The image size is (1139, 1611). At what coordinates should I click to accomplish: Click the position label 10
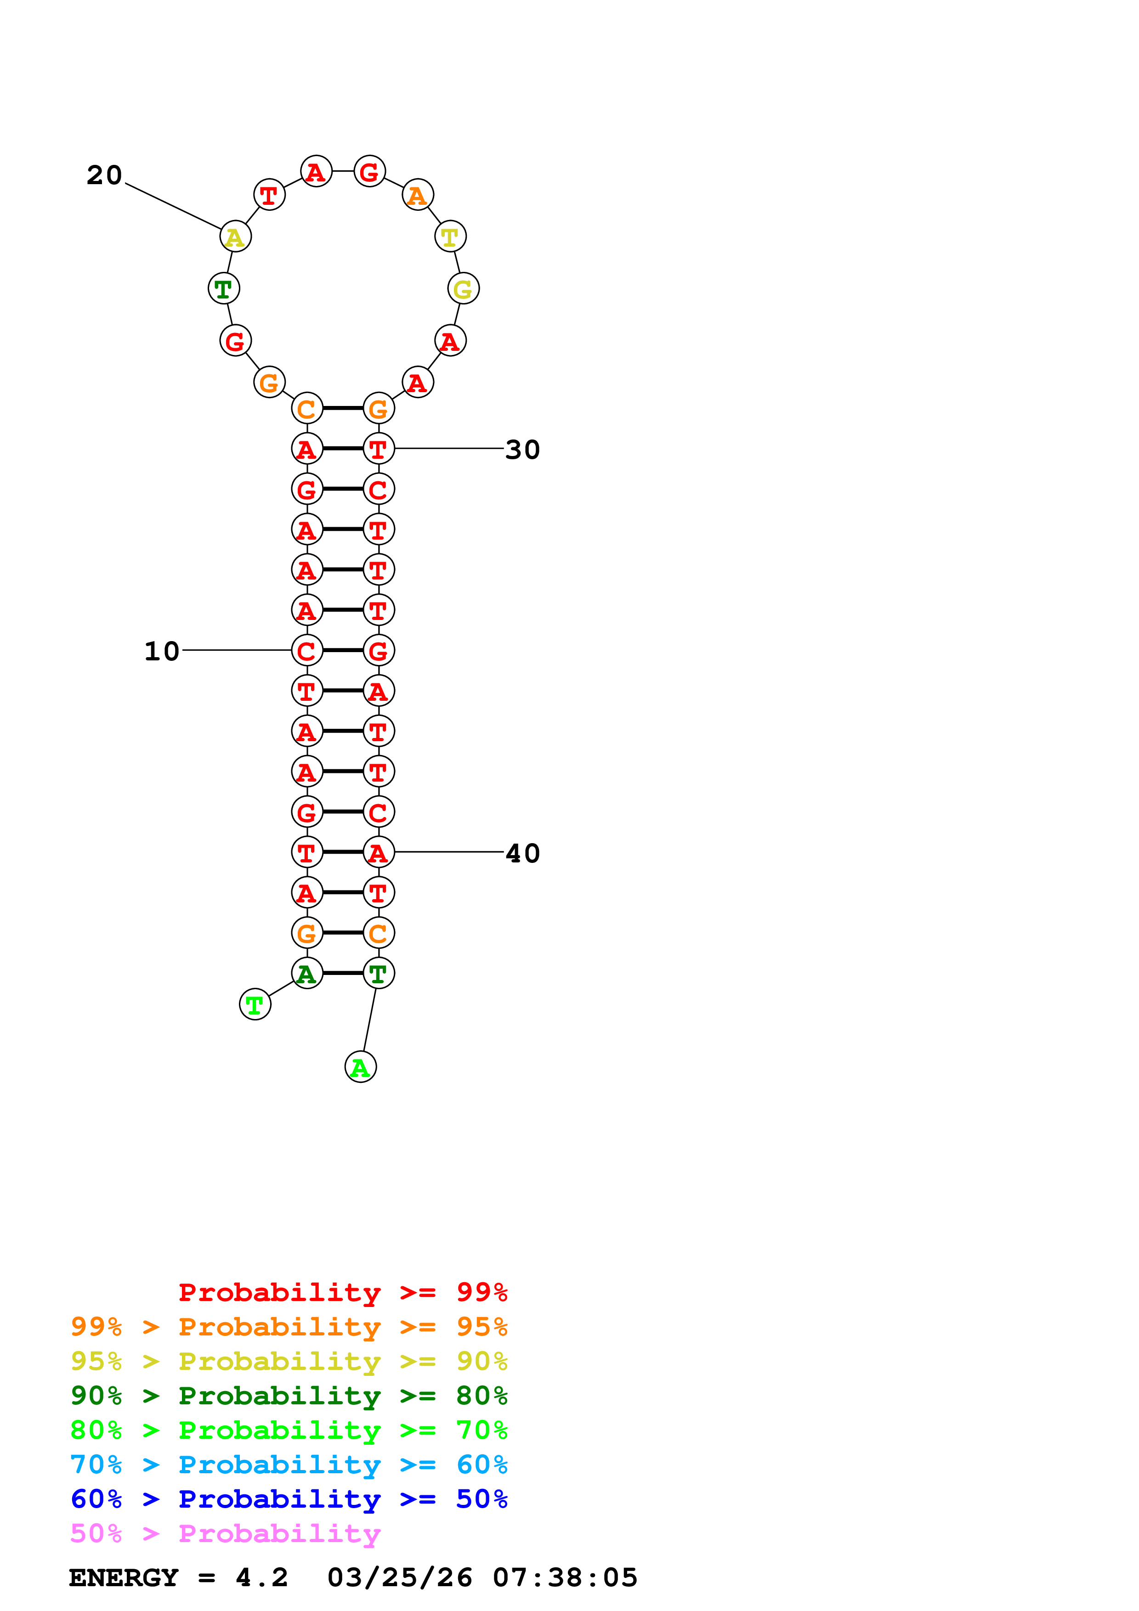161,651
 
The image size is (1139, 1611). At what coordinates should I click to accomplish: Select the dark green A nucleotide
306,973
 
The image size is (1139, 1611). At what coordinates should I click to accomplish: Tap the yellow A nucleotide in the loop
235,237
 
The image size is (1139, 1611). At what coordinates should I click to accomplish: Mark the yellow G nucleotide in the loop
463,288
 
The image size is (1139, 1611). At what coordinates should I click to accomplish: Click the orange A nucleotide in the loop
418,195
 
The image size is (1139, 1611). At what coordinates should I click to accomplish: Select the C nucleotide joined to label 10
306,650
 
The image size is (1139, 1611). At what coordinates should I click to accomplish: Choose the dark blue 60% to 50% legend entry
289,1499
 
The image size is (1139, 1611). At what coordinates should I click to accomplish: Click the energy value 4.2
262,1577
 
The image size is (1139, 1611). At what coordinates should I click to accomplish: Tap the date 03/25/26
399,1577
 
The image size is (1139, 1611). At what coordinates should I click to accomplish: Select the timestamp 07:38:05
565,1577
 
